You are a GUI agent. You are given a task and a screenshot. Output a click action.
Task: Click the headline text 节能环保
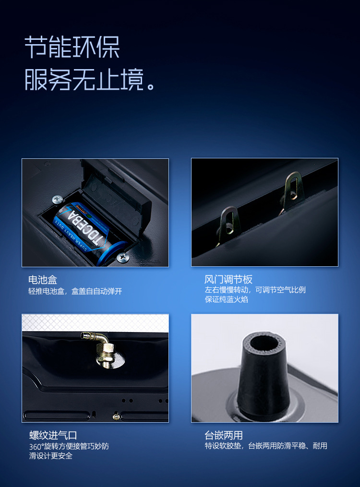pos(72,47)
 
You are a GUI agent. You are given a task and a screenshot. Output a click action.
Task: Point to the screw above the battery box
pos(57,198)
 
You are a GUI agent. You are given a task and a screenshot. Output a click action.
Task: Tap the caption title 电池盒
pos(43,280)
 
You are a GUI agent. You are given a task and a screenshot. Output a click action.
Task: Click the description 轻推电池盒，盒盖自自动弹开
pos(75,291)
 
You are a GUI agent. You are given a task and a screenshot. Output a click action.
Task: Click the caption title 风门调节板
pos(228,280)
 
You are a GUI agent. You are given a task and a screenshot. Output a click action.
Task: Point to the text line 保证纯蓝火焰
pos(227,300)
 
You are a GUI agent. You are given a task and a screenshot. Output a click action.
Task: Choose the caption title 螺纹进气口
pos(53,435)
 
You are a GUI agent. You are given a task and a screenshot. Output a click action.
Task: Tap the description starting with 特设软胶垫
pos(266,446)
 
